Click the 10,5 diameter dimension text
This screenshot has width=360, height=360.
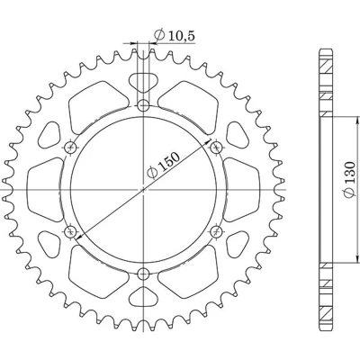(x=174, y=35)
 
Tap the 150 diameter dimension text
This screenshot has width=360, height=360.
(x=164, y=166)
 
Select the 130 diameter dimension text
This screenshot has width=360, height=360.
(x=349, y=180)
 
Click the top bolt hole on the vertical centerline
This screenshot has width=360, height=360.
(x=144, y=105)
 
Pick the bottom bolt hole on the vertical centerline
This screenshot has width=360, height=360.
(x=144, y=274)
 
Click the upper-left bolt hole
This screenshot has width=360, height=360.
(x=71, y=148)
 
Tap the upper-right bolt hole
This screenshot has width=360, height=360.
(x=216, y=148)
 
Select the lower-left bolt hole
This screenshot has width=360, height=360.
(x=71, y=231)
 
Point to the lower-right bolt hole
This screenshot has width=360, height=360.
(x=216, y=231)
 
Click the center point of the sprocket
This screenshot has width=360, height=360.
(x=144, y=190)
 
